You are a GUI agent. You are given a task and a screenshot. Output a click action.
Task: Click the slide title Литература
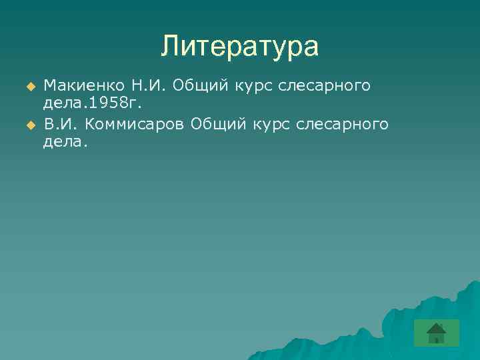point(240,47)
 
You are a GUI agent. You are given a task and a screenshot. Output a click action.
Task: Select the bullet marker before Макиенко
point(29,87)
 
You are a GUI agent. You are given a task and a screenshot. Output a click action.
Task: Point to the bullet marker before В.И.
point(29,125)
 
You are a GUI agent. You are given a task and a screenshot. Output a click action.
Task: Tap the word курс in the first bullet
point(254,86)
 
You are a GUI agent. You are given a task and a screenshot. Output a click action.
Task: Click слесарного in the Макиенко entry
point(328,86)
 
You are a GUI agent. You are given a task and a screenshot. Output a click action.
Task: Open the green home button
point(436,333)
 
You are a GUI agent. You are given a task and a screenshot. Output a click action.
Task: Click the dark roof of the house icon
point(436,327)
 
